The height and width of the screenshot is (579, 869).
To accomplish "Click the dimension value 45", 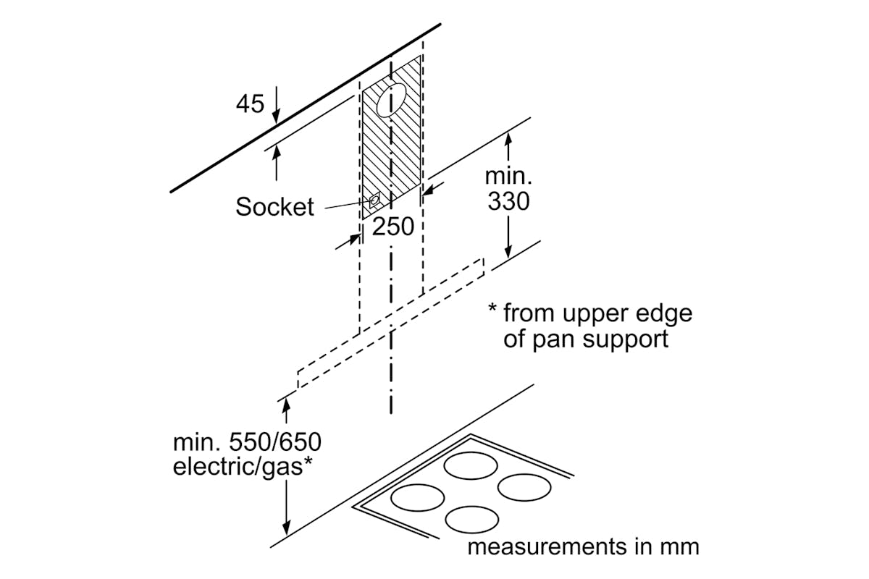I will [250, 105].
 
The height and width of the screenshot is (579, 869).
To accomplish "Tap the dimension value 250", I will [393, 227].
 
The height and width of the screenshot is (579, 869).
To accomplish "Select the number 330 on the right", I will [508, 202].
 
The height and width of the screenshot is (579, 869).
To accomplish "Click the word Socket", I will [275, 207].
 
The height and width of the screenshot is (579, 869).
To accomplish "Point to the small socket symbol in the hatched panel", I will [375, 200].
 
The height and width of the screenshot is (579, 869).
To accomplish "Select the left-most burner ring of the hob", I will [417, 498].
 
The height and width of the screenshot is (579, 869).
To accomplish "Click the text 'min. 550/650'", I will [247, 441].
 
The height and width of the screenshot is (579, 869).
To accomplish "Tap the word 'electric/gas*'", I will [243, 467].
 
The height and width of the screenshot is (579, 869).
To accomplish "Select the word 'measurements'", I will [545, 546].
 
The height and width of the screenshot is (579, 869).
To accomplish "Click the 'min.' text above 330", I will [508, 176].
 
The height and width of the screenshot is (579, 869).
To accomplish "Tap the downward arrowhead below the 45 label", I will [276, 116].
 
